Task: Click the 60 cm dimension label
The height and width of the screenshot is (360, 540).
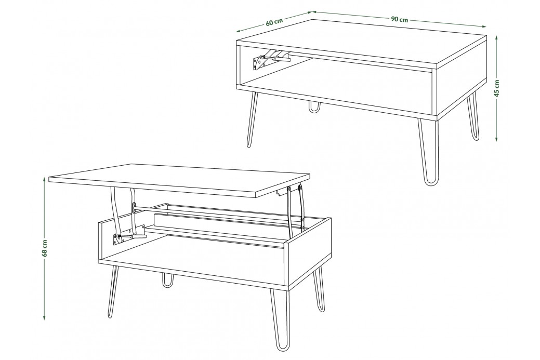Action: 274,22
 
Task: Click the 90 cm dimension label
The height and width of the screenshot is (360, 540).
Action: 399,19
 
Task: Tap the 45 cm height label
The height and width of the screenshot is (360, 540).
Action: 497,88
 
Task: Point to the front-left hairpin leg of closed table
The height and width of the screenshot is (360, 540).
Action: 253,119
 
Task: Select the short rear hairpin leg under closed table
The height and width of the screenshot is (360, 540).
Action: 314,106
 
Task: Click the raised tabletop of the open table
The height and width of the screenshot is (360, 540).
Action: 179,180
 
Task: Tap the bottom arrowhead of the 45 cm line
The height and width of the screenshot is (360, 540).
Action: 496,139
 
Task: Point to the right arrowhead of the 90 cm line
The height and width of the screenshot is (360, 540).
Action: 483,26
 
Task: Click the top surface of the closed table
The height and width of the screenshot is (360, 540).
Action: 362,42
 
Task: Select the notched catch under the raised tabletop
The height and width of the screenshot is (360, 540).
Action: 282,192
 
